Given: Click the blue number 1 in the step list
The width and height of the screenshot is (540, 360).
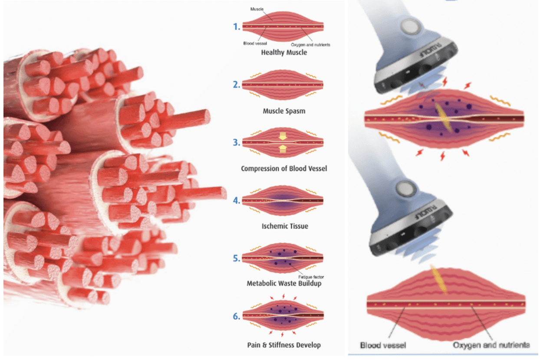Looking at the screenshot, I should click(x=237, y=27).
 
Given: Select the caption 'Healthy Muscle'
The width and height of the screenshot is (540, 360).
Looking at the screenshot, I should click(x=284, y=52).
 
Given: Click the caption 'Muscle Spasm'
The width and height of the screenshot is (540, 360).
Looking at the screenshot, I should click(x=284, y=111).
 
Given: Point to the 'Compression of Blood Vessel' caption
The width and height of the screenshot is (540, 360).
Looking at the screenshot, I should click(x=284, y=168).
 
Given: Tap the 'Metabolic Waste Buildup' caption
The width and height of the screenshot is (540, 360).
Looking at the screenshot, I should click(x=284, y=284).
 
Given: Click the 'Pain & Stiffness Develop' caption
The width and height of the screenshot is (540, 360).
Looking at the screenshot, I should click(x=284, y=345).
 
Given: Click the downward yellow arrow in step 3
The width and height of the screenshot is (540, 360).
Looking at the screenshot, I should click(x=283, y=136).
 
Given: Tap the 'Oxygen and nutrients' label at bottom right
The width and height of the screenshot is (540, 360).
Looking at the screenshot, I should click(x=491, y=346).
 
